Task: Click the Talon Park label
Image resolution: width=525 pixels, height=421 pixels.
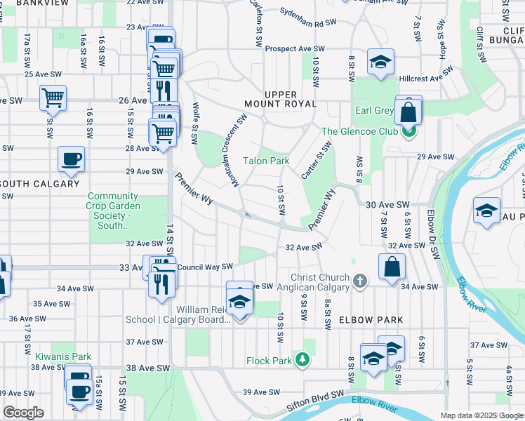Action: [x=266, y=161]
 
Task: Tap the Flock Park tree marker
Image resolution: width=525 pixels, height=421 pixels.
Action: [x=303, y=360]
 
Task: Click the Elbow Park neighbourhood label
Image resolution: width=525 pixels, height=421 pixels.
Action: [x=371, y=320]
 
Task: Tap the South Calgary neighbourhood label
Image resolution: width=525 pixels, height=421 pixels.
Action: [x=40, y=184]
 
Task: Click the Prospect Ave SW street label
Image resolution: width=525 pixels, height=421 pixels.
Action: [x=295, y=48]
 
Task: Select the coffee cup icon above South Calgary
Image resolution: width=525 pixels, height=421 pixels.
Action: [x=70, y=159]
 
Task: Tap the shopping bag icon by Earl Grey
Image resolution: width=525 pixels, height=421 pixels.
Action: [x=408, y=110]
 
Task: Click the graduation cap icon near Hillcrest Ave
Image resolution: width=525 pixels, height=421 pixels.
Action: [x=380, y=62]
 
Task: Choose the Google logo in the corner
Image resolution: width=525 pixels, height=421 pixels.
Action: [x=24, y=413]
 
